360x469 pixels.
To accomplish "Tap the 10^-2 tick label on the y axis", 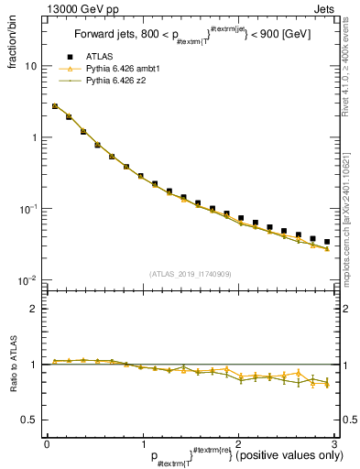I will tap(27, 279).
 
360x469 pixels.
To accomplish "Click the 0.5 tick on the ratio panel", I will tap(31, 420).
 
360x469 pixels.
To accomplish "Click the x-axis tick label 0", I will tap(47, 443).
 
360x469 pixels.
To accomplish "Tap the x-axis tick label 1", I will tap(142, 443).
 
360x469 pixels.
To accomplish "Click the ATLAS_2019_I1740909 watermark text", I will tap(190, 274).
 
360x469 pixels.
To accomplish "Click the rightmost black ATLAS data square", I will tap(327, 242).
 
